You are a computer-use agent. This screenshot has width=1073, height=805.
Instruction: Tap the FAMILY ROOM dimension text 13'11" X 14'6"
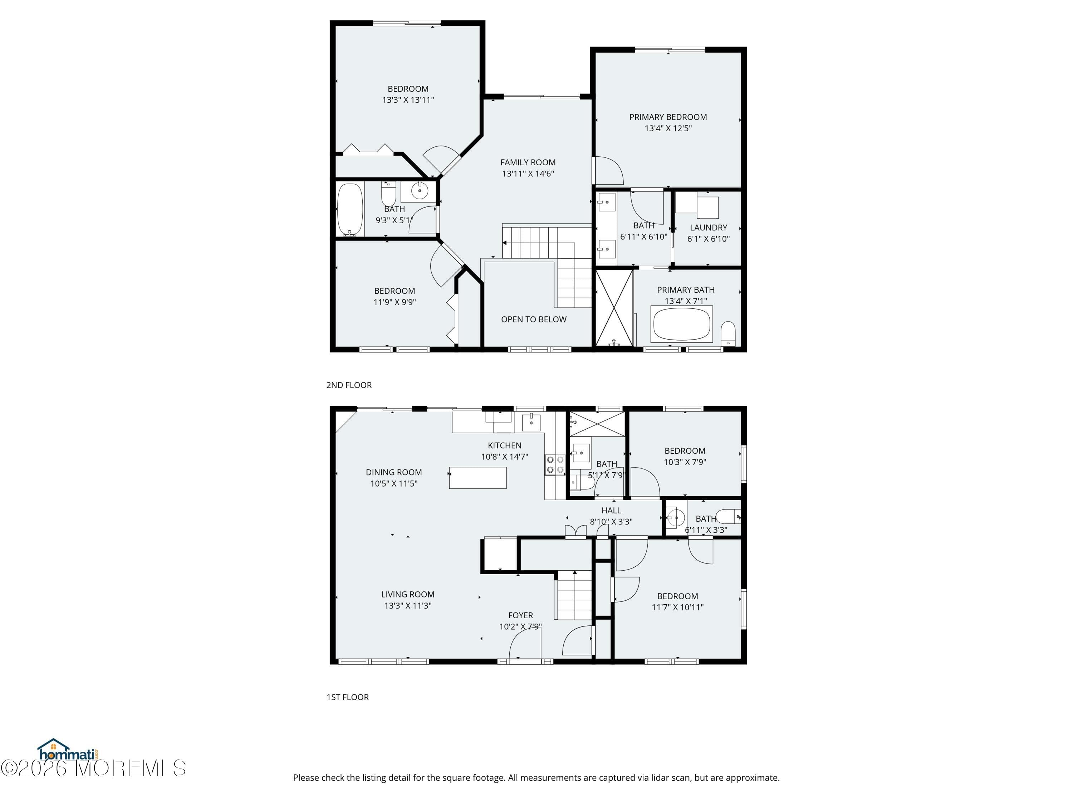pyautogui.click(x=528, y=174)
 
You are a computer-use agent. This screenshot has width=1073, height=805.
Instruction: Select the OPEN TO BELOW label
pyautogui.click(x=534, y=319)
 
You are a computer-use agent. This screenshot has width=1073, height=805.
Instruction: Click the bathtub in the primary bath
pyautogui.click(x=682, y=324)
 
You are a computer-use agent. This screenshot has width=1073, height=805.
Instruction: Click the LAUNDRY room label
pyautogui.click(x=708, y=228)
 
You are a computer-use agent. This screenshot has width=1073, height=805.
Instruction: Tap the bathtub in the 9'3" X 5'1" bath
pyautogui.click(x=350, y=209)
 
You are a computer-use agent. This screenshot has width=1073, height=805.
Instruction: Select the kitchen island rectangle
pyautogui.click(x=477, y=478)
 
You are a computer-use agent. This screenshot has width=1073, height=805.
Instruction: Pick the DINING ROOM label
pyautogui.click(x=393, y=472)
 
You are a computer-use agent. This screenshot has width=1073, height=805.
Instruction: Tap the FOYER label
pyautogui.click(x=520, y=615)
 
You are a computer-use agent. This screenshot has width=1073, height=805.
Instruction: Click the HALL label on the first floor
pyautogui.click(x=611, y=511)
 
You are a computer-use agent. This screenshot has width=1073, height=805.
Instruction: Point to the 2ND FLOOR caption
pyautogui.click(x=349, y=385)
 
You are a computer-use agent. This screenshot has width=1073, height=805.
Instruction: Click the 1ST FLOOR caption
pyautogui.click(x=347, y=697)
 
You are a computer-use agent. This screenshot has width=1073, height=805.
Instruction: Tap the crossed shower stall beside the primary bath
pyautogui.click(x=614, y=308)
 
